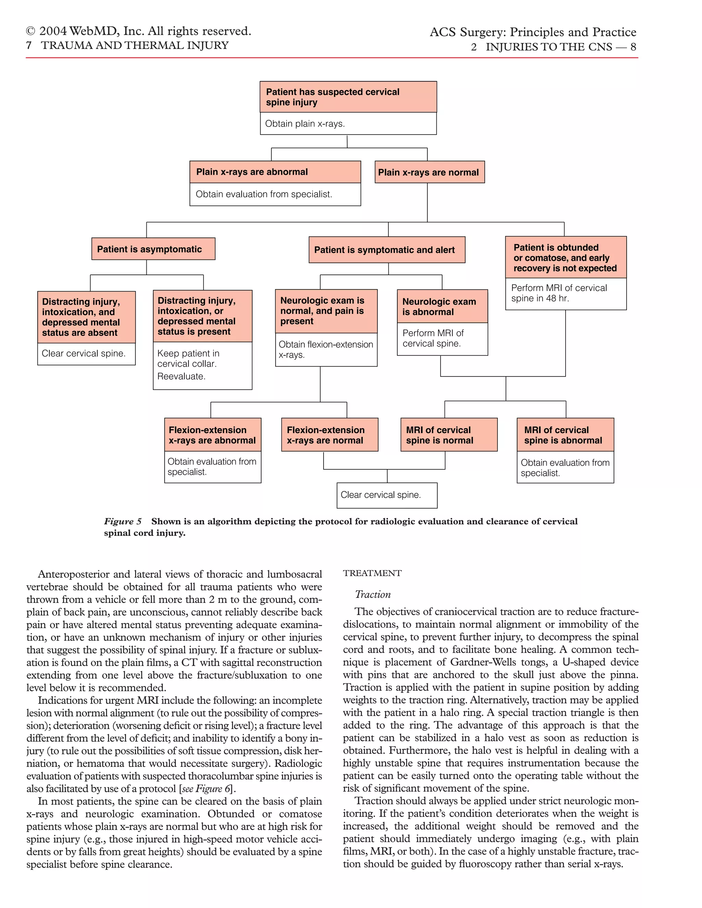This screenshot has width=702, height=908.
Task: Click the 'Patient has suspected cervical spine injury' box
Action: tap(348, 97)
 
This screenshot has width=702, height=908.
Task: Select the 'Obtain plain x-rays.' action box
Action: tap(348, 123)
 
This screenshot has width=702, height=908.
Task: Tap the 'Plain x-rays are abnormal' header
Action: tap(275, 172)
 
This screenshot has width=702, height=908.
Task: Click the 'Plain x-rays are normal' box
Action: tap(429, 172)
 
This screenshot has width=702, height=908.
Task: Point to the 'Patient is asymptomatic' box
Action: tap(153, 249)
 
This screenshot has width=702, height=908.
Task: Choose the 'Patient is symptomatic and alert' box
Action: tap(386, 250)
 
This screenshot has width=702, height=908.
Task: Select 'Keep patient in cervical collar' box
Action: tap(202, 365)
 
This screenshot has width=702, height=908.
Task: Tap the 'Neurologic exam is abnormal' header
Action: tap(442, 306)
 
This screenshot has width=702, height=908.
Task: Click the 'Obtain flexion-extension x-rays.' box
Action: tap(326, 349)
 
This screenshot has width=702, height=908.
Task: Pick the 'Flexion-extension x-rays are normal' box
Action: tap(329, 435)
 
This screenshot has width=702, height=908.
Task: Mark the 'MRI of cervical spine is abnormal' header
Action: tap(565, 435)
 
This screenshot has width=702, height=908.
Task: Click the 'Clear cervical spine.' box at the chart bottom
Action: tap(386, 495)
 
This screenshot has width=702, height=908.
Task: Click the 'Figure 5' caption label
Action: tap(123, 522)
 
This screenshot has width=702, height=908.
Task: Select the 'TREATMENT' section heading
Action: tap(372, 573)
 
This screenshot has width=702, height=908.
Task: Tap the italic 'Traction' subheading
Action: tap(373, 594)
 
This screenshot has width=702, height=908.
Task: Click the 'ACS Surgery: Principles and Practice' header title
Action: tap(532, 32)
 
